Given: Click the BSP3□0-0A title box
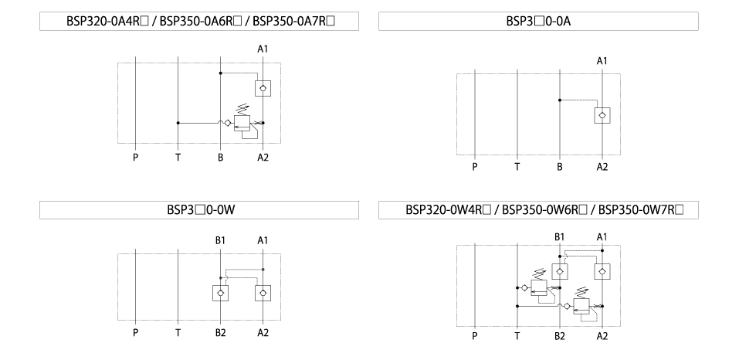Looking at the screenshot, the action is tap(538, 21).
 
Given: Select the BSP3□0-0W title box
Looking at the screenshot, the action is tap(199, 210).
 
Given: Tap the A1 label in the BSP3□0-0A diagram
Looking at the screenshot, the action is tap(602, 61).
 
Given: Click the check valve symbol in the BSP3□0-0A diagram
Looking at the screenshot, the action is tap(602, 115).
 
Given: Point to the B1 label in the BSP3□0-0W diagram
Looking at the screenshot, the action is tap(220, 240).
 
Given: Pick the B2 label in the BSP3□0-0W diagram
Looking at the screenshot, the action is tap(221, 333).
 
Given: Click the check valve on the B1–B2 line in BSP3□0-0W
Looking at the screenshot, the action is tap(220, 293).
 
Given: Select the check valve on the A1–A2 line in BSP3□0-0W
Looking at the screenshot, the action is tap(263, 293).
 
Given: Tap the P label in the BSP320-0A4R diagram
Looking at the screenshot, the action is tap(135, 158).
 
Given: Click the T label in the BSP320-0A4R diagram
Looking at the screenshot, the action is tap(178, 158).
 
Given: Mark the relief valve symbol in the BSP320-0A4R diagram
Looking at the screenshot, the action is tap(242, 123).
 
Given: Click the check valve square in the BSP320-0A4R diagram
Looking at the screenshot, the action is tap(263, 88).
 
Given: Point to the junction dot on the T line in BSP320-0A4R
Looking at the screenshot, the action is tap(178, 123).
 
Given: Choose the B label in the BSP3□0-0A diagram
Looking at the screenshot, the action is tap(559, 167).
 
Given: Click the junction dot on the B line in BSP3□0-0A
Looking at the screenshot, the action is tap(560, 100).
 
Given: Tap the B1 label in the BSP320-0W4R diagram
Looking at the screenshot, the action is tap(559, 237).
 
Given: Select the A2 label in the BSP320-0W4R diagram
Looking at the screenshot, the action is tap(602, 336).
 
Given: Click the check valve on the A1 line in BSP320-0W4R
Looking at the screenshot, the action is tap(602, 271).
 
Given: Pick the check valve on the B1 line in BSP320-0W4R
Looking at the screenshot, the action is tap(559, 271).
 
